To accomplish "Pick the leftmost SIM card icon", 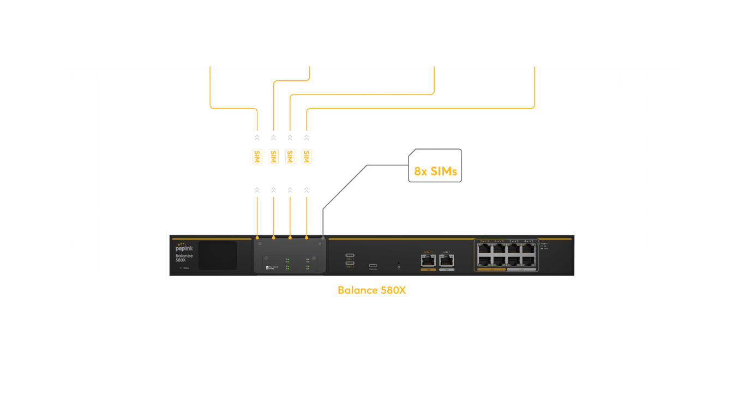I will coord(256,156).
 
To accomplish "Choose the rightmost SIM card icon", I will coord(307,156).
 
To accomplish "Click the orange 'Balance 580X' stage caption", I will coord(371,290).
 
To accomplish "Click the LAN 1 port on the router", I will coord(447,260).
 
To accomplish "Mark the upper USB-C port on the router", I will coord(349,255).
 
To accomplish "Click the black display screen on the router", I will coord(217,256).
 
